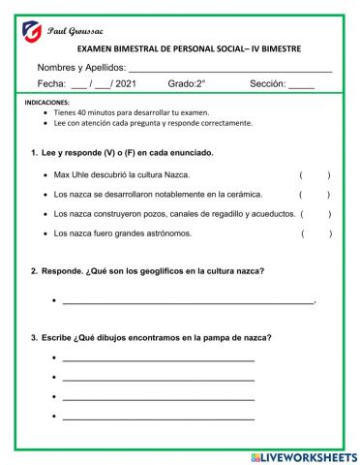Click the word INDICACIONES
click(44, 102)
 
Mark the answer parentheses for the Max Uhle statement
click(315, 175)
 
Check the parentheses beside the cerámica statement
click(315, 195)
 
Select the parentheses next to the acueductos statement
click(315, 214)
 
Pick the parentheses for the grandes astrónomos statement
click(315, 233)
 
